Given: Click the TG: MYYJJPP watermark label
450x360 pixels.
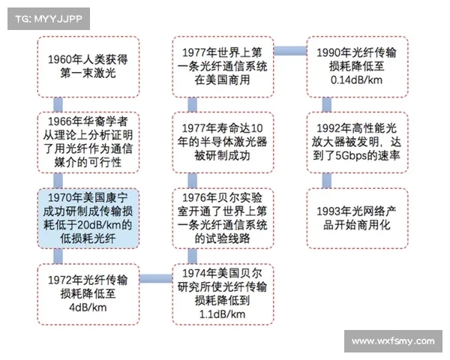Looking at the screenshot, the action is coord(49,19).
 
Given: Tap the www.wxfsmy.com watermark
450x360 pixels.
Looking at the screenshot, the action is coord(393,341).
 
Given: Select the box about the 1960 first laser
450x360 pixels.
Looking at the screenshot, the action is coord(88,67).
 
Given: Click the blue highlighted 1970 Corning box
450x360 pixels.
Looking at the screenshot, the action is coord(88,218).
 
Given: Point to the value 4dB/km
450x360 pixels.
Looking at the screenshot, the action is coord(88,307).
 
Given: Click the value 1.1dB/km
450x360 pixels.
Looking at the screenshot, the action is coord(223,314).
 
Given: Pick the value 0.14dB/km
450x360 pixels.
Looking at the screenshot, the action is coord(357,80).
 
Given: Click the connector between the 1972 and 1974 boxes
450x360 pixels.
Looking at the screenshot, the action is coord(156,278).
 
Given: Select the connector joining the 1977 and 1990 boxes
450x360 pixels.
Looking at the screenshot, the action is coord(290,51).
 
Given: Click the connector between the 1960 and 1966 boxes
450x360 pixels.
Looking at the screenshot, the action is coord(58,105).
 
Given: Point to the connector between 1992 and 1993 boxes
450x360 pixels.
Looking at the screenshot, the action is coord(326,181).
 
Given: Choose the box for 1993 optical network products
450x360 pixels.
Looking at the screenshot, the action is coord(358,218).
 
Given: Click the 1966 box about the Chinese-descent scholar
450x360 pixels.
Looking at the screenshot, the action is coord(88,142).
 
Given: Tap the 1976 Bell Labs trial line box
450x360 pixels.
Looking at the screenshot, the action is coord(223,218).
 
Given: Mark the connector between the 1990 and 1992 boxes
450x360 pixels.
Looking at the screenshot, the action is coord(326,105).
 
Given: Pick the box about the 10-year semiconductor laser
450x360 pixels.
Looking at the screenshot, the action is coord(223,142).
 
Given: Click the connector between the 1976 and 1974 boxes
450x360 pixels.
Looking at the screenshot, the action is coord(192,256).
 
